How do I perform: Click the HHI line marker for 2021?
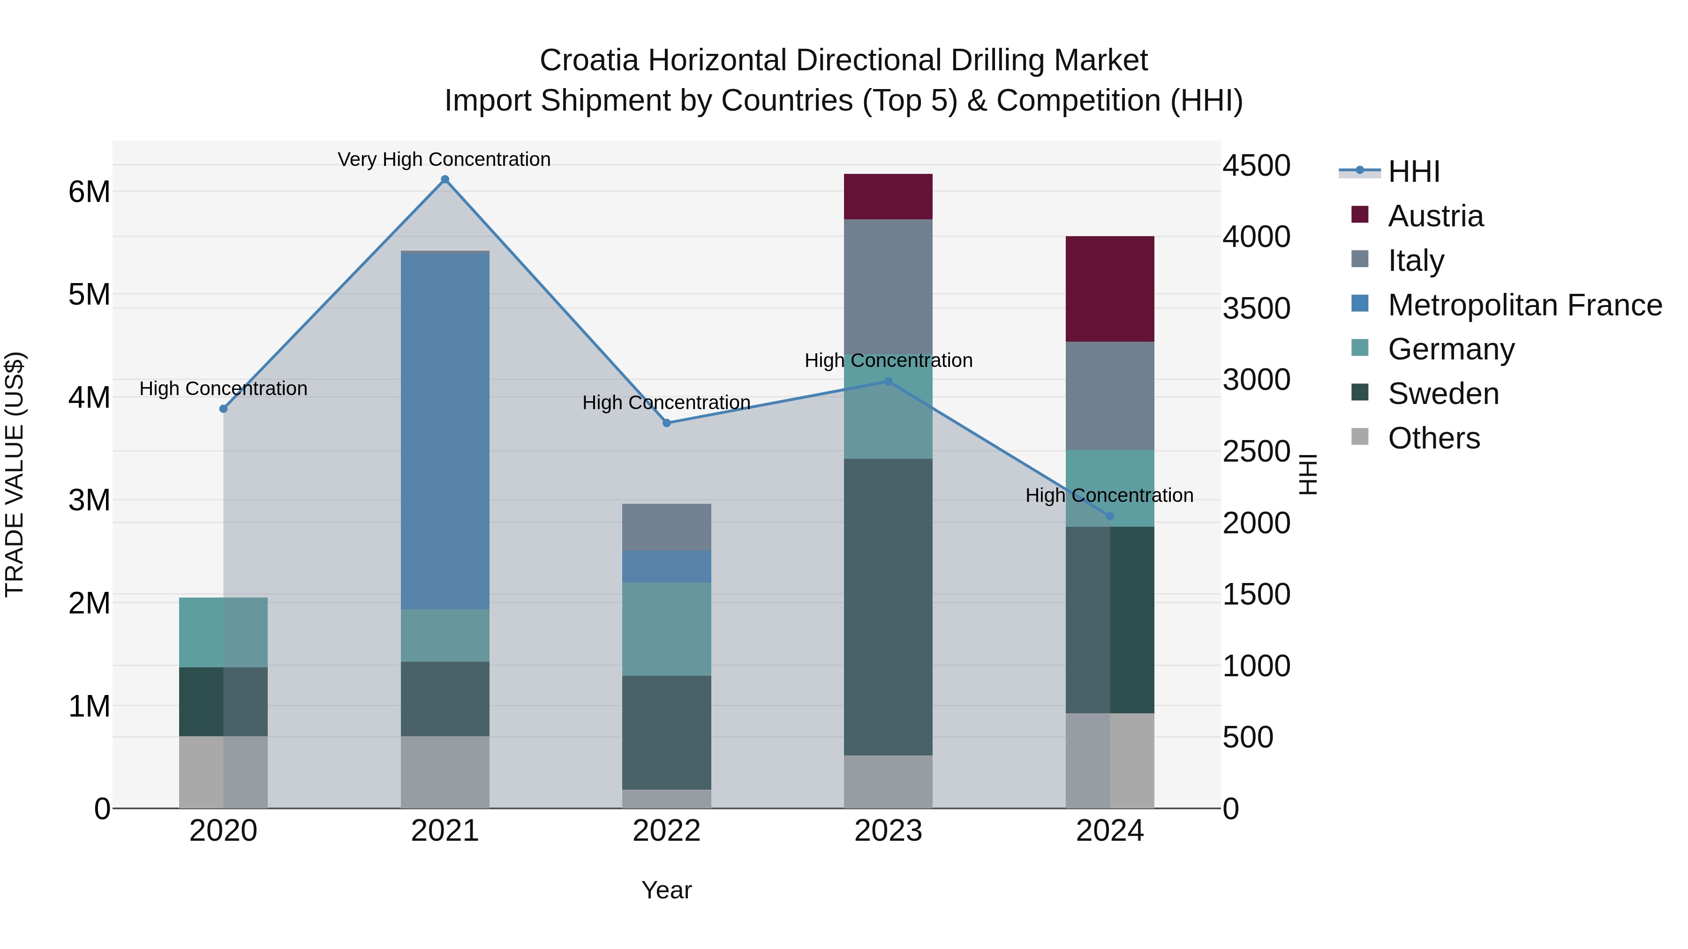point(445,179)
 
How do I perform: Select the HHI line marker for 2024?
point(1109,516)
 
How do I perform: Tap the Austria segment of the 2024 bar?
point(1109,289)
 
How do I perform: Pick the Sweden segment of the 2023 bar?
point(888,606)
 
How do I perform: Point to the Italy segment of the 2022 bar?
point(666,527)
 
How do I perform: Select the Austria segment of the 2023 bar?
point(888,196)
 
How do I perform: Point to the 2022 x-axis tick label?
point(666,831)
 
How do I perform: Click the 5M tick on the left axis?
point(89,295)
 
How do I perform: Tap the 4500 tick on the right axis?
point(1256,166)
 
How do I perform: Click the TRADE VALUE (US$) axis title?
point(15,474)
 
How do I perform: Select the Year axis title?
point(666,890)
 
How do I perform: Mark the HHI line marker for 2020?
point(224,409)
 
